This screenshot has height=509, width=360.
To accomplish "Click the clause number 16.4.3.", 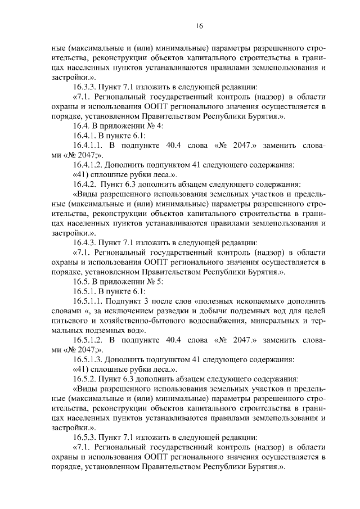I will coord(84,242).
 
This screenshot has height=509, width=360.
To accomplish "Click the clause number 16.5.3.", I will coord(84,437).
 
